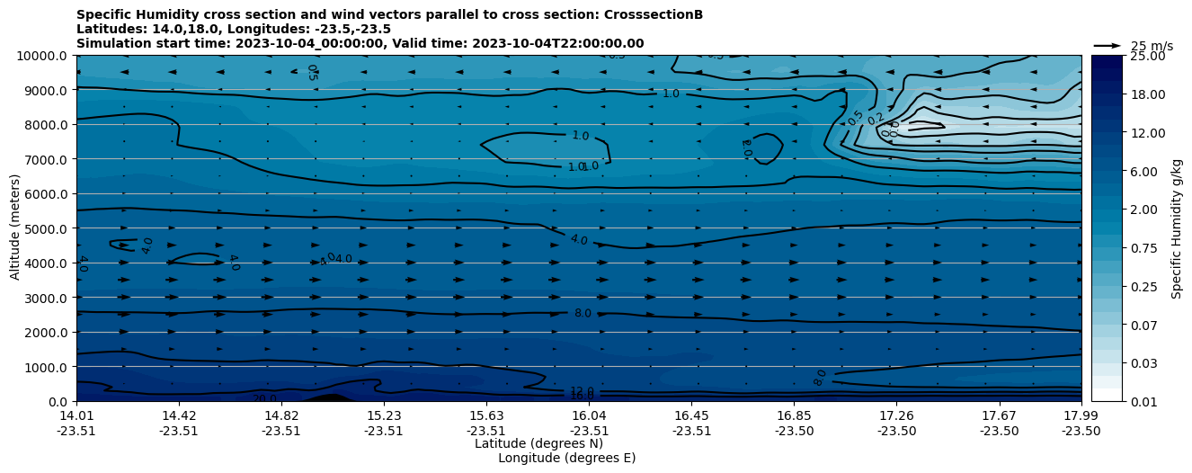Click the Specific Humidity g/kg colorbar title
(1177, 228)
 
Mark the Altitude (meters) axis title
(15, 228)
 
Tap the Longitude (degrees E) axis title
(566, 458)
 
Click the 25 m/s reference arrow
(1107, 45)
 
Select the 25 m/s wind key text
(1152, 46)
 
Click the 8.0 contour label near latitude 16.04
(583, 313)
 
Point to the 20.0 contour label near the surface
(264, 398)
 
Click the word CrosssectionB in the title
(647, 14)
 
